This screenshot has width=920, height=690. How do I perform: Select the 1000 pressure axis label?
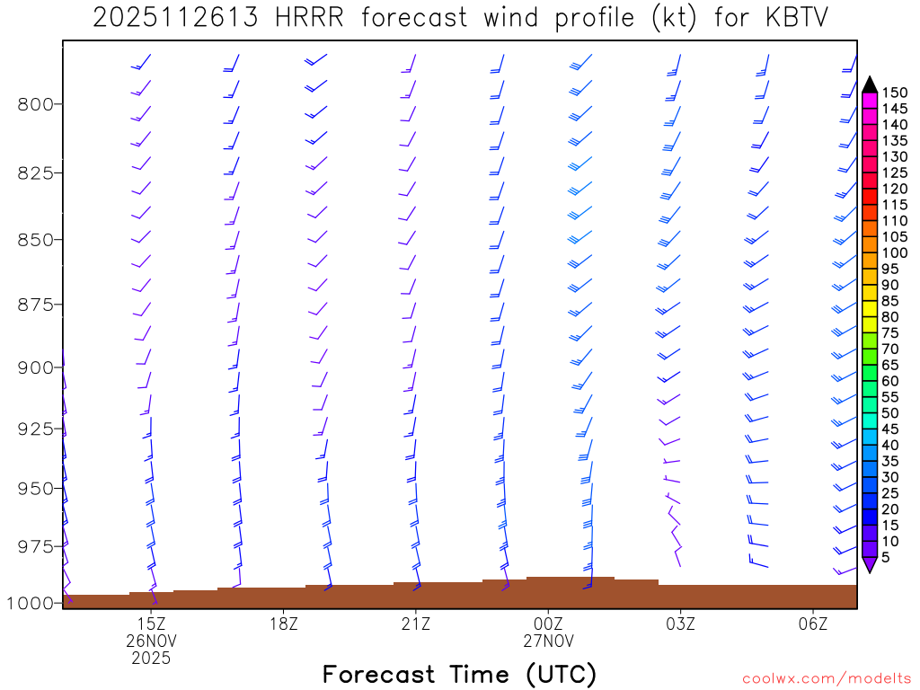pyautogui.click(x=31, y=603)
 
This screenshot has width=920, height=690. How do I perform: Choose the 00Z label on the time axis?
pyautogui.click(x=548, y=623)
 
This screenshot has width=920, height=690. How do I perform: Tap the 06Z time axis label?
pyautogui.click(x=812, y=623)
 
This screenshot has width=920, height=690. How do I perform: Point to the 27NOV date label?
pyautogui.click(x=548, y=641)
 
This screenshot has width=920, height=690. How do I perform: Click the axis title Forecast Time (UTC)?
pyautogui.click(x=459, y=674)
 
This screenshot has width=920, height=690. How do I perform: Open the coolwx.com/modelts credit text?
pyautogui.click(x=827, y=678)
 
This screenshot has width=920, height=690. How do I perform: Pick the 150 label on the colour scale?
pyautogui.click(x=893, y=93)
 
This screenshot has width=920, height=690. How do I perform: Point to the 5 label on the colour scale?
pyautogui.click(x=886, y=557)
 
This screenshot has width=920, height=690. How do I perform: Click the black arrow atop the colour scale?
pyautogui.click(x=870, y=84)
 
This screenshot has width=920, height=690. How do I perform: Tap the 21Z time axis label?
pyautogui.click(x=415, y=623)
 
